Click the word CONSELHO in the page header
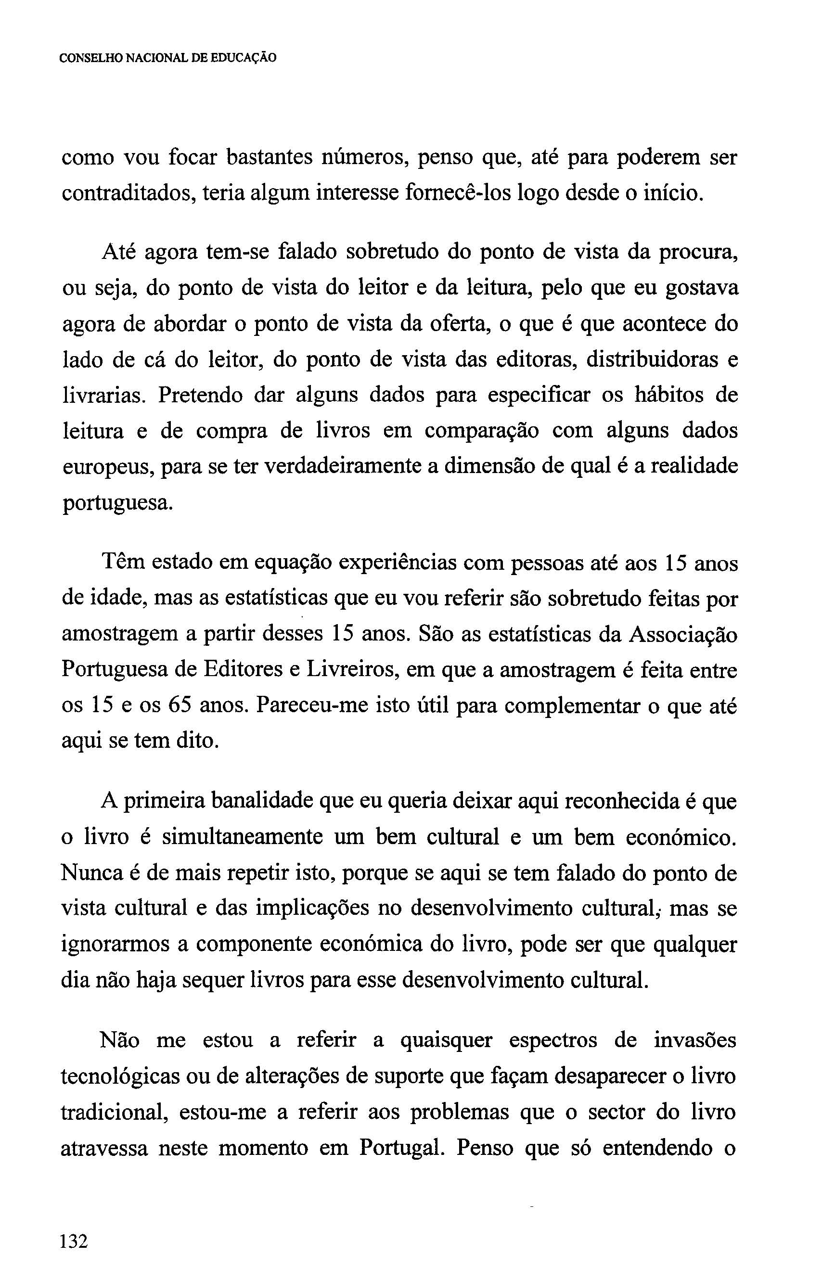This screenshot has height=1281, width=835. pyautogui.click(x=90, y=58)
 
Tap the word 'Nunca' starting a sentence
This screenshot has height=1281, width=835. pyautogui.click(x=88, y=872)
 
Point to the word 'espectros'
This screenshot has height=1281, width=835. pyautogui.click(x=552, y=1040)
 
